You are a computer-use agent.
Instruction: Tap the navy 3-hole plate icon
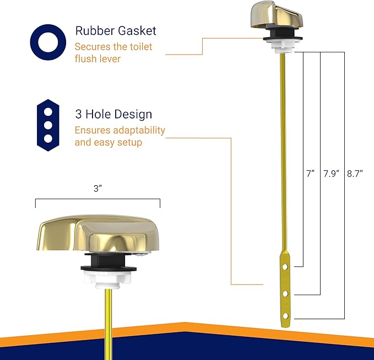coord(48,125)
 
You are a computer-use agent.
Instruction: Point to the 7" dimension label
coord(311,173)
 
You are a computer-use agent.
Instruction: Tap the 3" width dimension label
coord(98,189)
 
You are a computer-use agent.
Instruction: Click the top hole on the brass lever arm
coord(285,266)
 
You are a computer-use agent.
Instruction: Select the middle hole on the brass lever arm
coord(285,293)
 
